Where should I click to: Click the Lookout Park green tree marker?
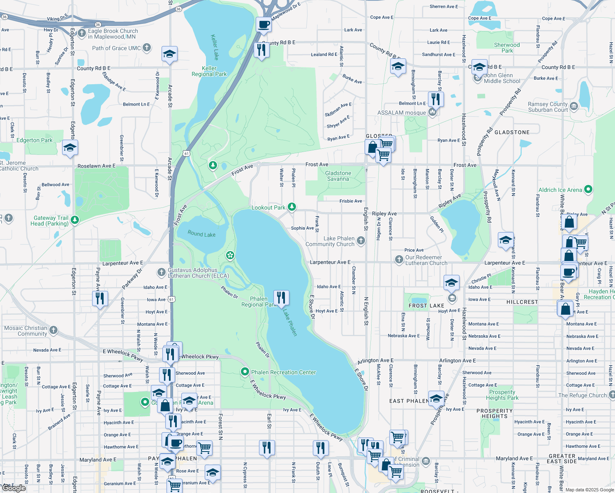click(292, 207)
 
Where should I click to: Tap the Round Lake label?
click(201, 234)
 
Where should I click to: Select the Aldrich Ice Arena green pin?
click(588, 189)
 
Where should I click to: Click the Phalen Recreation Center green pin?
click(245, 372)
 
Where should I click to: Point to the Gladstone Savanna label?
click(338, 176)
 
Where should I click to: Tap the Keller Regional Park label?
click(209, 71)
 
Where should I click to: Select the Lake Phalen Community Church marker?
click(361, 241)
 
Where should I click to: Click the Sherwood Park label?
click(507, 48)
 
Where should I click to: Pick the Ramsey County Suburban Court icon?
click(574, 107)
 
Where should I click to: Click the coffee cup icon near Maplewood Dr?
click(264, 24)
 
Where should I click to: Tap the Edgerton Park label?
click(35, 140)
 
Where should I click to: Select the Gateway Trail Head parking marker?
click(74, 220)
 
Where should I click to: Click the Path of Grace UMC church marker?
click(147, 48)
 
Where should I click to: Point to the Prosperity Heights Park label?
click(502, 395)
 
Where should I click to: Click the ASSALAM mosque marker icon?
click(432, 112)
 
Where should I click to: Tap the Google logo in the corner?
click(14, 488)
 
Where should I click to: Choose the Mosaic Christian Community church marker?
click(53, 330)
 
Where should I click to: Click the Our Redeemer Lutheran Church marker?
click(399, 259)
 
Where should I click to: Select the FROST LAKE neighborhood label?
click(426, 306)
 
